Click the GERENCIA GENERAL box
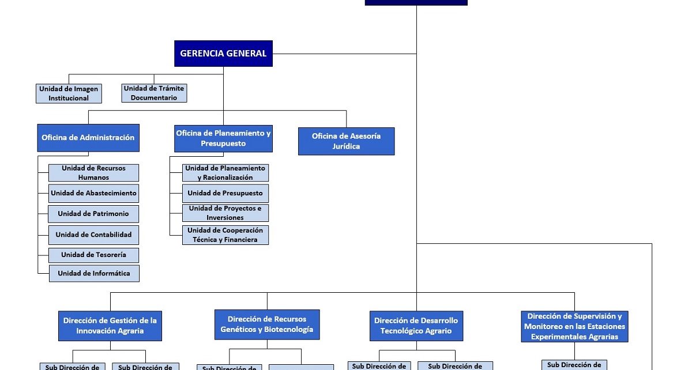pos(223,54)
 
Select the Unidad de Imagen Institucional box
pos(69,93)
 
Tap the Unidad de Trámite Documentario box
pos(154,93)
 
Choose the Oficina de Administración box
pos(88,138)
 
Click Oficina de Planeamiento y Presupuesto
pos(223,138)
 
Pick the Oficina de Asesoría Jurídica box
pos(346,141)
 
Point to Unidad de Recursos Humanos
pos(93,173)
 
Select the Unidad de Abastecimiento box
pos(93,193)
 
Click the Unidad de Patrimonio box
pos(93,214)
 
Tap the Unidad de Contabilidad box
pos(93,235)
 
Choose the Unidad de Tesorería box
pos(93,255)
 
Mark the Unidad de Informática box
pos(93,273)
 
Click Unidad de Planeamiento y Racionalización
pos(225,173)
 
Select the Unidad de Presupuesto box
pos(225,193)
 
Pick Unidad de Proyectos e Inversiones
pos(225,213)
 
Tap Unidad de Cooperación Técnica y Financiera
pos(225,235)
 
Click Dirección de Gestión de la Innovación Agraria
pos(110,326)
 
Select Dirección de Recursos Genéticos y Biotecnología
pos(266,324)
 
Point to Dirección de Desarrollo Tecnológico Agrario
pos(416,326)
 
